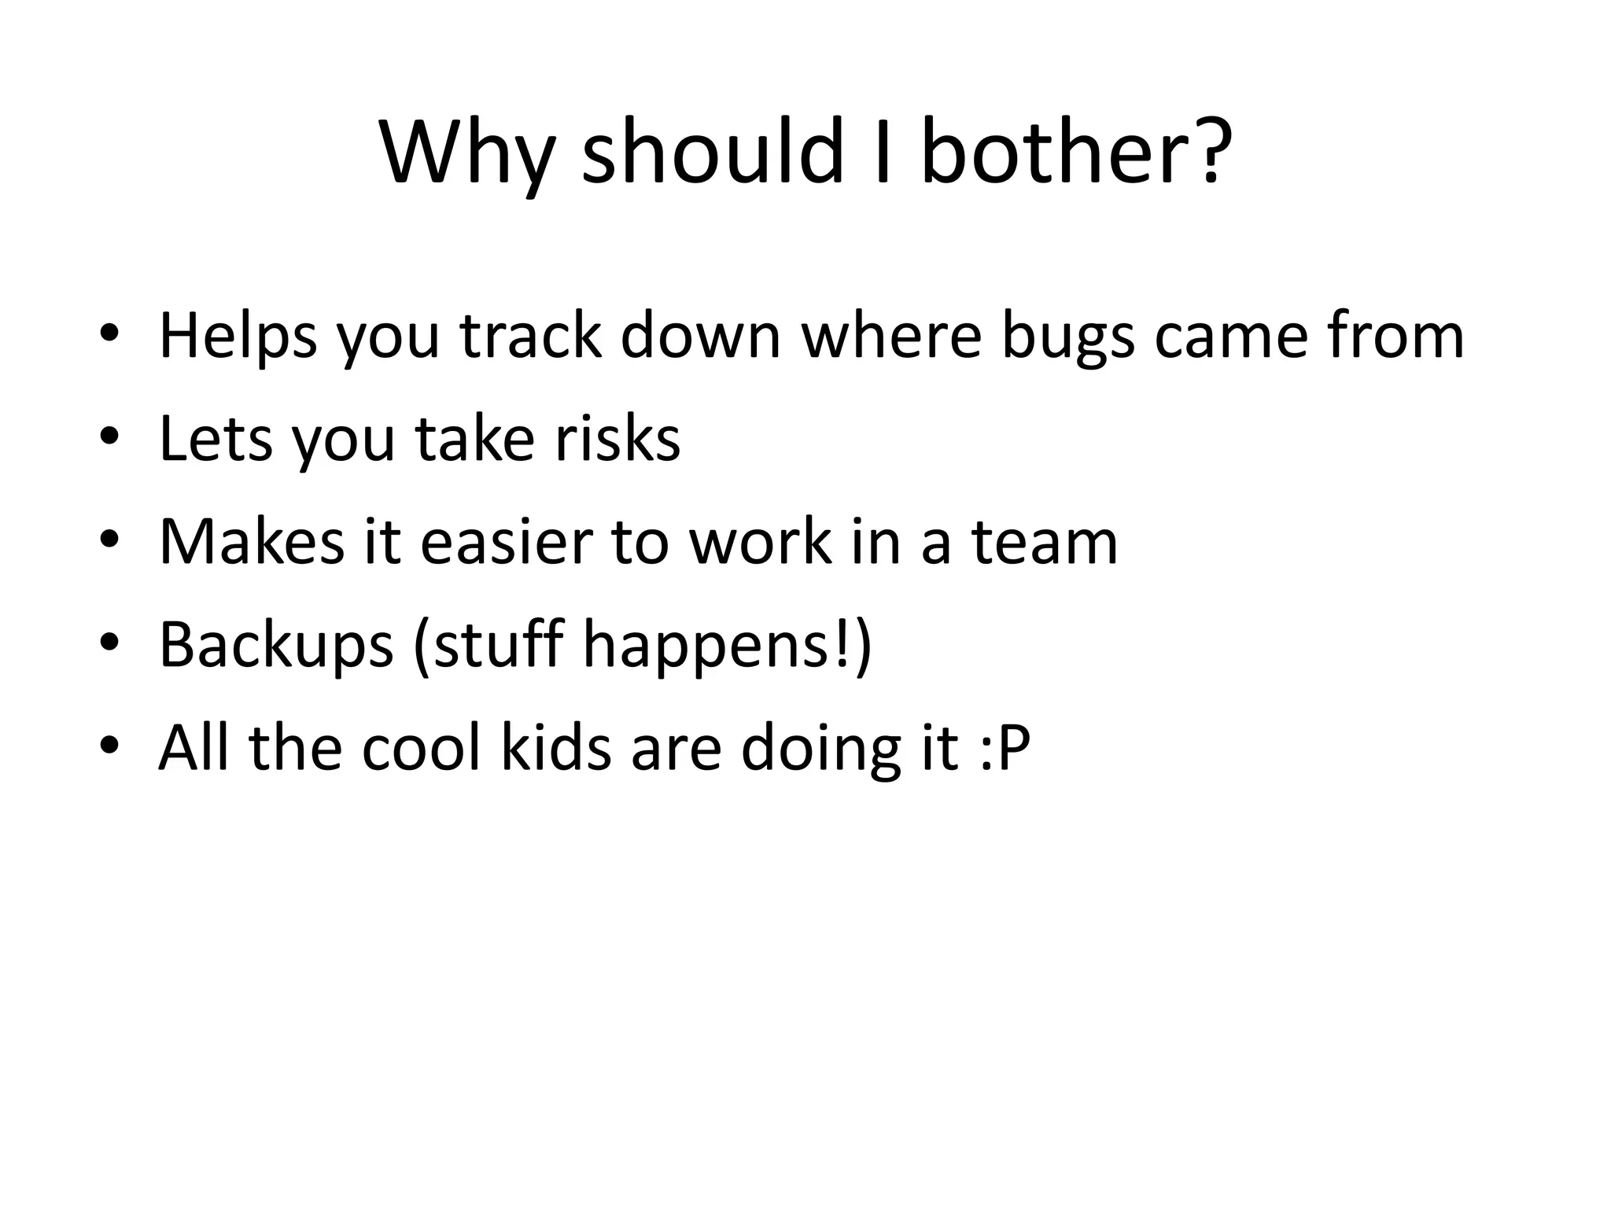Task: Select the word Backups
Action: tap(276, 646)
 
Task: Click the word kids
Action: tap(555, 748)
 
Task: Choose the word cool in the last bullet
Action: tap(421, 748)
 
